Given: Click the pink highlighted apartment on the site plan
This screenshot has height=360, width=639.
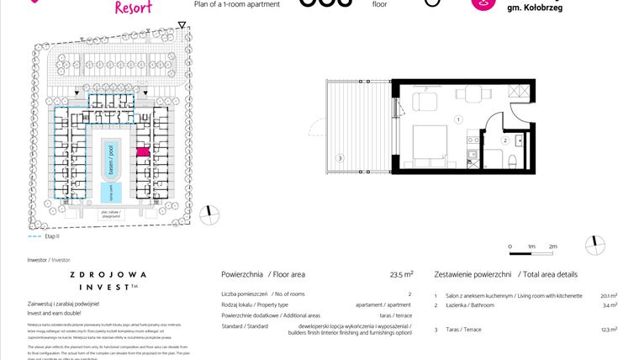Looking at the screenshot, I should (142, 151).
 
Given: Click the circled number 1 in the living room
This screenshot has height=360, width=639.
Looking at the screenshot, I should (458, 120).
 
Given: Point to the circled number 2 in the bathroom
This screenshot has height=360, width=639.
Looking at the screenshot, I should (505, 141).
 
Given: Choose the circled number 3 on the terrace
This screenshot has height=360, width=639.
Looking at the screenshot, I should (339, 157).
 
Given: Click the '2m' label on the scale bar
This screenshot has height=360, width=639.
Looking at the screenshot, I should (552, 246).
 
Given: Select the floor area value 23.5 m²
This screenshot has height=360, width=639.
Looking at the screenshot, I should (401, 274).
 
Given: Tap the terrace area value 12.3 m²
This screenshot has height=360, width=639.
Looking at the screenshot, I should (608, 330).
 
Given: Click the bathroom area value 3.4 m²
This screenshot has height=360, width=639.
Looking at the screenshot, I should (610, 305).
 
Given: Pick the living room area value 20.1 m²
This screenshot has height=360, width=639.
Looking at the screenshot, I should (609, 296).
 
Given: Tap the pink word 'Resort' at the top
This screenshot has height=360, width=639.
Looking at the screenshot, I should (132, 8).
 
